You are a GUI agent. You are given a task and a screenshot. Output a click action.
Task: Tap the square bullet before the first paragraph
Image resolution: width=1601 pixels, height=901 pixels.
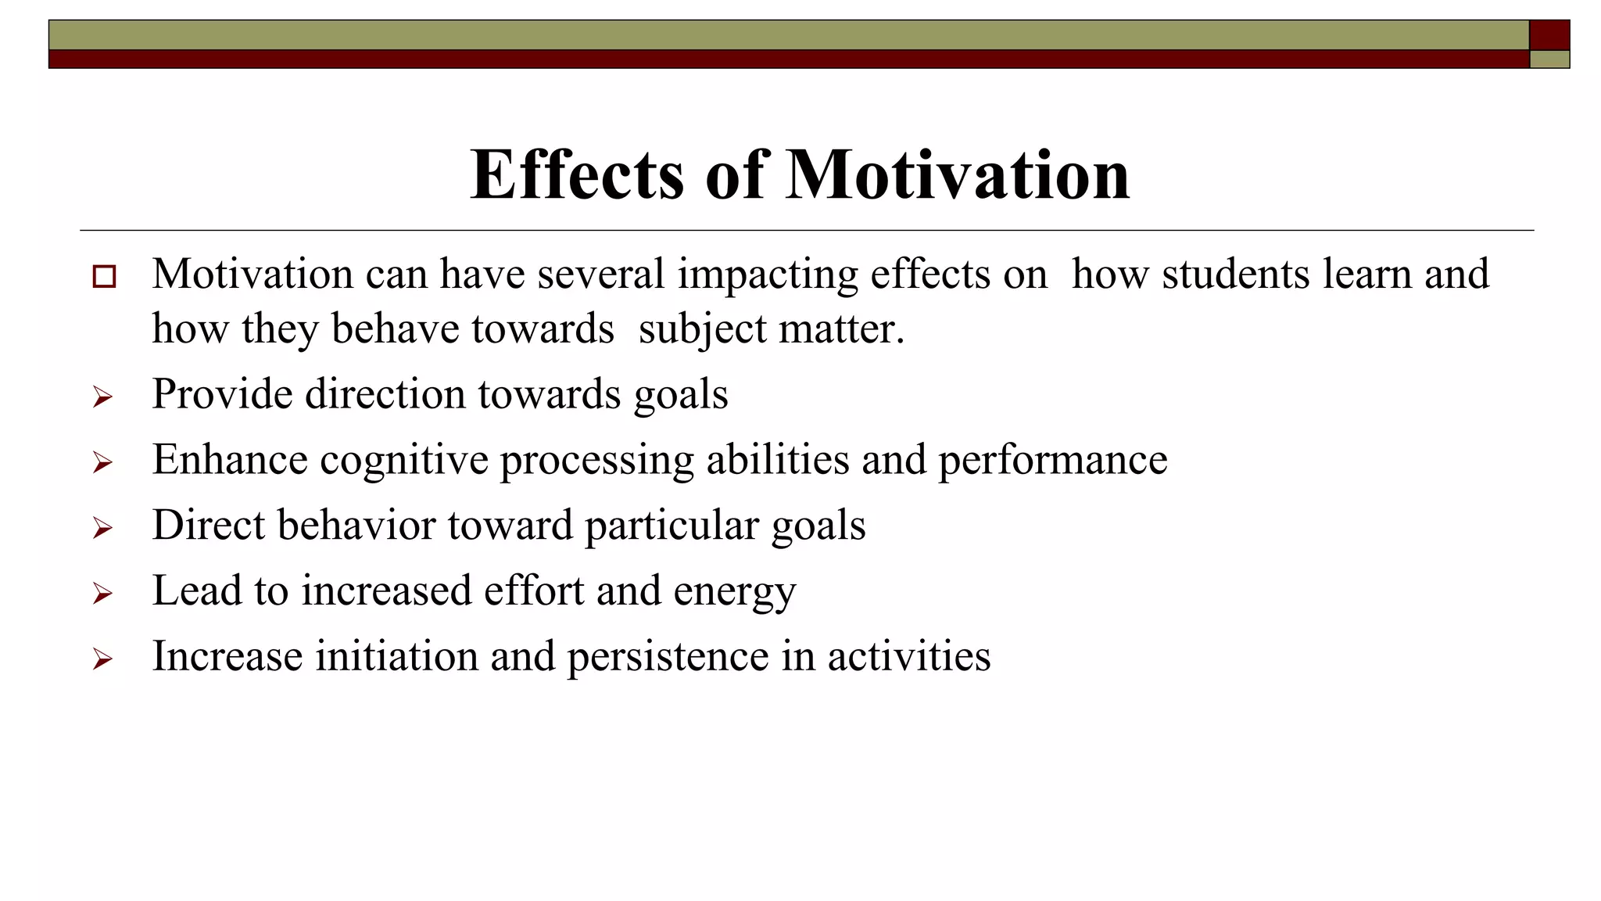tap(104, 277)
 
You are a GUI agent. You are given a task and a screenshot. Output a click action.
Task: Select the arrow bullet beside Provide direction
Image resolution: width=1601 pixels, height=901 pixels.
tap(102, 397)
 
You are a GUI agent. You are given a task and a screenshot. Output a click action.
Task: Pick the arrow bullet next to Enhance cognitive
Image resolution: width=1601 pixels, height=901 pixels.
tap(102, 463)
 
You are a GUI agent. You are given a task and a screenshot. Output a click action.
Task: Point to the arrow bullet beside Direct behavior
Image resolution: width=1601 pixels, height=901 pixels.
tap(102, 529)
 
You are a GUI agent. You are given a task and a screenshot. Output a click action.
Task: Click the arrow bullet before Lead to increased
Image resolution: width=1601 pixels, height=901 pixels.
tap(102, 594)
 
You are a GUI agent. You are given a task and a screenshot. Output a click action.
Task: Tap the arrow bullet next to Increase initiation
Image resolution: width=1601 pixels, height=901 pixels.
tap(102, 660)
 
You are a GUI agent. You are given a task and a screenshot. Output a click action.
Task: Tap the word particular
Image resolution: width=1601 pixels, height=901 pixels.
tap(672, 526)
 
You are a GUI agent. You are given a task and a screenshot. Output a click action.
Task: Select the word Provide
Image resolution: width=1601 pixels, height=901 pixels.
tap(222, 394)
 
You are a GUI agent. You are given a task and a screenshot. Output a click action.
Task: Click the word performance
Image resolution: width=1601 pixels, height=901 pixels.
tap(1052, 460)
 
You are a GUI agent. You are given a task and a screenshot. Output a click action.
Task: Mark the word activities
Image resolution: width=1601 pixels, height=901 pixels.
tap(909, 655)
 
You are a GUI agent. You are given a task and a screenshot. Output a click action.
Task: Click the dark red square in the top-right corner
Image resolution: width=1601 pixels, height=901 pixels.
tap(1549, 35)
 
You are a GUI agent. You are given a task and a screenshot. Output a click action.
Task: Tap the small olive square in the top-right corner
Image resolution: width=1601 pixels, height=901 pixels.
tap(1549, 59)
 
